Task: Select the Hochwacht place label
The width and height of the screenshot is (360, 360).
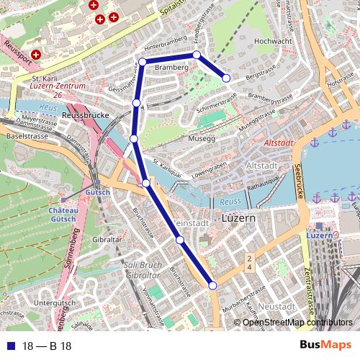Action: tap(272, 41)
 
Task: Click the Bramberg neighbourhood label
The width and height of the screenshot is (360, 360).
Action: tap(171, 67)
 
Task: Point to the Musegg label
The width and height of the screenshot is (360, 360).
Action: tap(202, 138)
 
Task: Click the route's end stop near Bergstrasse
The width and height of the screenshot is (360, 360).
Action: tap(226, 78)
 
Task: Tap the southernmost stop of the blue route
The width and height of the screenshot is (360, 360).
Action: tap(212, 286)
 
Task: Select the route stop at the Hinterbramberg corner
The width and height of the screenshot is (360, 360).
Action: tap(142, 63)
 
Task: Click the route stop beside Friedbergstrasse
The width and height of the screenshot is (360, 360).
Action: tap(197, 54)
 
